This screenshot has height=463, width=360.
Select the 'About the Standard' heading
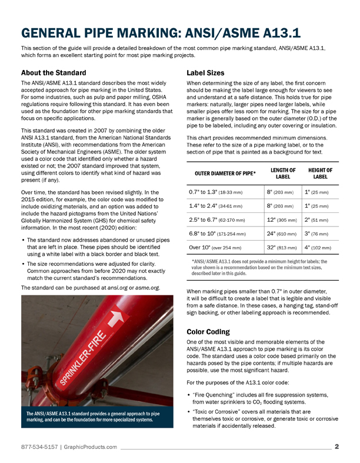click(x=54, y=74)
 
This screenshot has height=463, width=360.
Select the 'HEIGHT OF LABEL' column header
click(x=320, y=174)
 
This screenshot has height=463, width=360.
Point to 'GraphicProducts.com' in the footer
click(x=91, y=447)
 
